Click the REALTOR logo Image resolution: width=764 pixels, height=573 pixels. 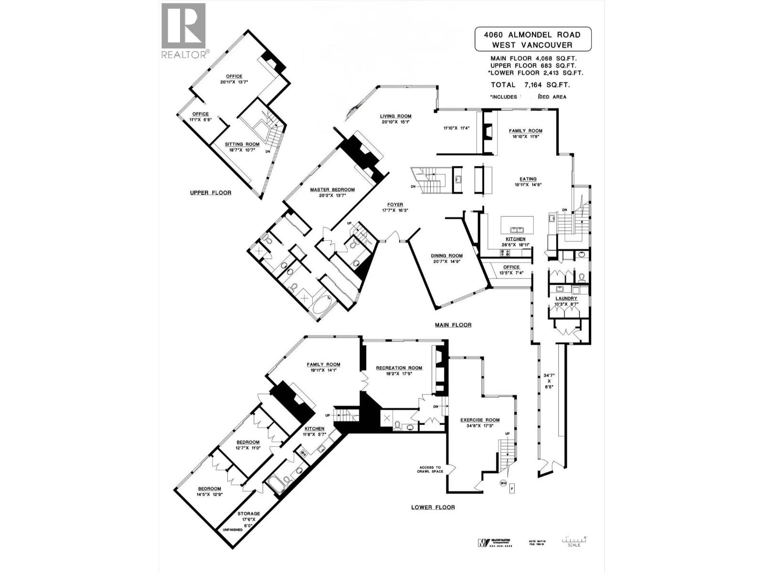click(x=184, y=31)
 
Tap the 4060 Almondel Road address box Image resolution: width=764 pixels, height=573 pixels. click(x=532, y=40)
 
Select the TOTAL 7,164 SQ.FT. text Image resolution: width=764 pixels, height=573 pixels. click(x=531, y=85)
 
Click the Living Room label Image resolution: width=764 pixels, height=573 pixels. click(x=395, y=116)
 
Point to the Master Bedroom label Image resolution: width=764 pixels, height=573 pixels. click(x=332, y=190)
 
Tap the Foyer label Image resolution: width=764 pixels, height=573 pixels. click(x=395, y=204)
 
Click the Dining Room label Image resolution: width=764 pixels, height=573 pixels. click(x=446, y=255)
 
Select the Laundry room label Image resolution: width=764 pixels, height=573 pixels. click(x=566, y=298)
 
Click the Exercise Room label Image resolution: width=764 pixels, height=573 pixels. click(x=480, y=420)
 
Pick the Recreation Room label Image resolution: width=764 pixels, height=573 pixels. click(x=399, y=368)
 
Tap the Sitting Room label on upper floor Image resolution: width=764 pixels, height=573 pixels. click(x=243, y=144)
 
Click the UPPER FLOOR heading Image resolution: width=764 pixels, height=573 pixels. click(x=211, y=193)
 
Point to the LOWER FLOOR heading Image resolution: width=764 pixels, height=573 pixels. click(x=433, y=507)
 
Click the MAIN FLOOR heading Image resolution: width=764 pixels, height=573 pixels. click(x=453, y=325)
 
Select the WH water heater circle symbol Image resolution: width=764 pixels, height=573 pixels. click(x=503, y=483)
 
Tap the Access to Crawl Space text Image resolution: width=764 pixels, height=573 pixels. click(x=431, y=469)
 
